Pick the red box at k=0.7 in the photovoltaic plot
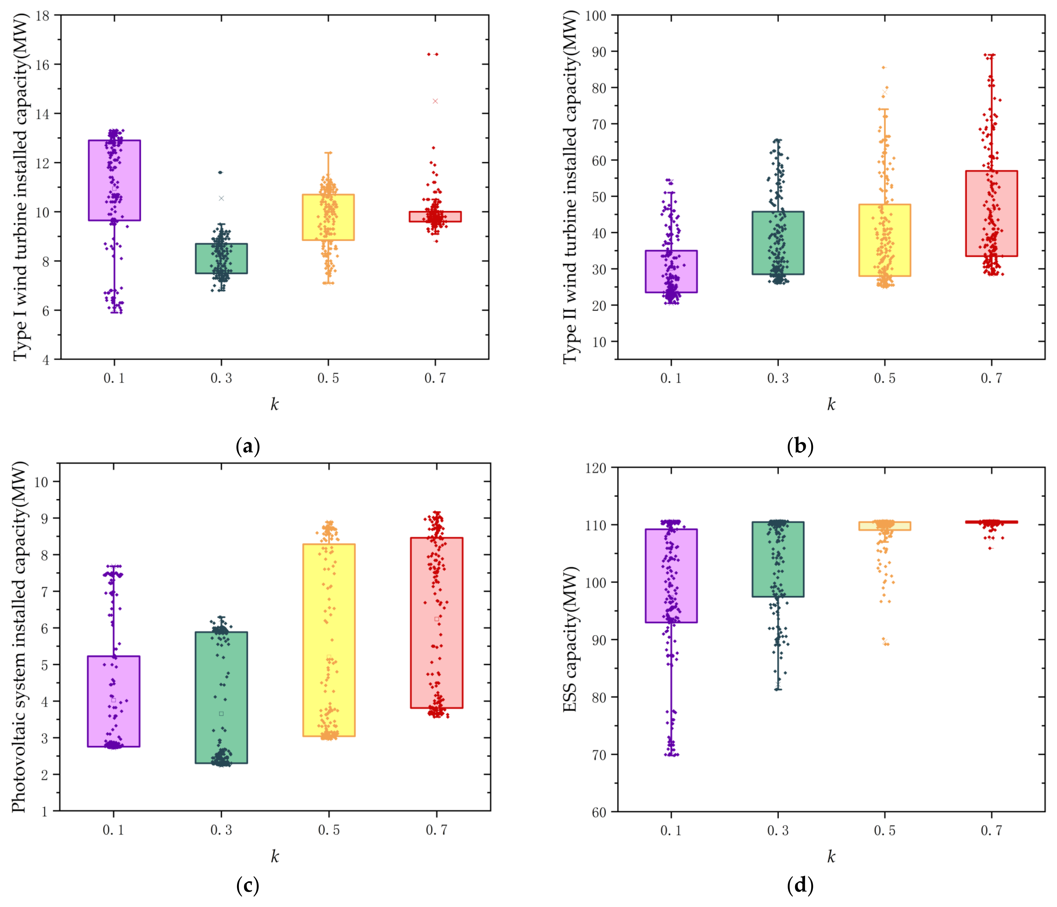(x=437, y=622)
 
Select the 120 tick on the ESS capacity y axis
(x=596, y=468)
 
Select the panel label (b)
(x=800, y=446)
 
